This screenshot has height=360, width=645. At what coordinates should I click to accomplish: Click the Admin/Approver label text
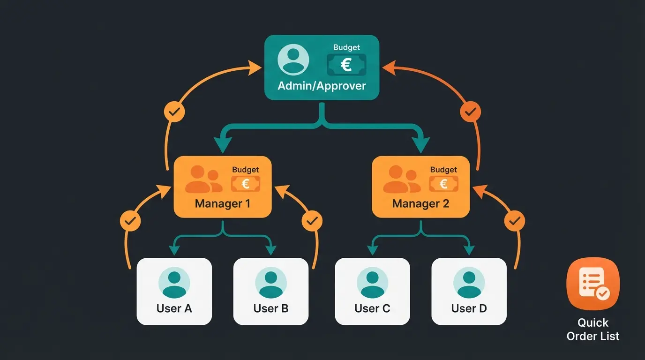click(x=322, y=86)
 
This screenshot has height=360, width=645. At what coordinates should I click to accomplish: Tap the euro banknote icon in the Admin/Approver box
click(x=346, y=65)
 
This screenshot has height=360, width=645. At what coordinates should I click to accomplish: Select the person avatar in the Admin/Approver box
click(x=293, y=60)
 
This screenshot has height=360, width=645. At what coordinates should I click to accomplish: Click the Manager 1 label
click(x=222, y=204)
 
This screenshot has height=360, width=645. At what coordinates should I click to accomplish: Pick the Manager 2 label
click(x=420, y=204)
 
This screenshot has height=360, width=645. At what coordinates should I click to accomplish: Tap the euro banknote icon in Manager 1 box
click(x=245, y=184)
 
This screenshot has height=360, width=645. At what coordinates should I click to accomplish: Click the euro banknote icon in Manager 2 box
click(x=443, y=184)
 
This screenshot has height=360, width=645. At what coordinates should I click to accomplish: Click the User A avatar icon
click(x=174, y=283)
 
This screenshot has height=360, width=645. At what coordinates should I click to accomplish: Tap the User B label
click(x=271, y=308)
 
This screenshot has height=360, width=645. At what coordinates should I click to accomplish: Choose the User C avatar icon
click(x=373, y=283)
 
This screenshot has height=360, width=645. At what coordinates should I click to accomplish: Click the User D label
click(x=469, y=308)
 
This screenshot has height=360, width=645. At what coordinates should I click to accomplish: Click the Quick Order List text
click(x=593, y=330)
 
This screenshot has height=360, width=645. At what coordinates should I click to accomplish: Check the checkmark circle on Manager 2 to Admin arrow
click(x=470, y=112)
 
